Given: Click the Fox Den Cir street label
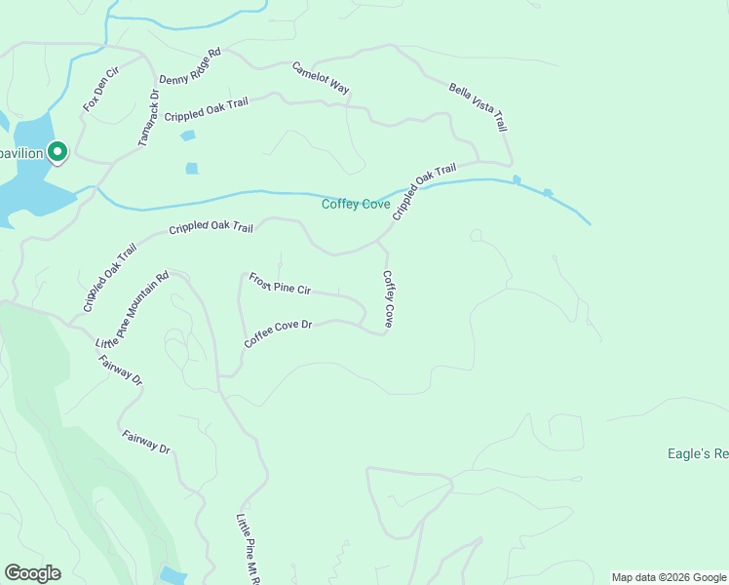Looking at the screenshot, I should click(x=99, y=89).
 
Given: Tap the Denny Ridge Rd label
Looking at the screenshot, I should click(x=190, y=66).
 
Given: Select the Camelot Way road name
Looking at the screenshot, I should click(x=321, y=78).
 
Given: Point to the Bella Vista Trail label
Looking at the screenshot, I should click(x=479, y=107).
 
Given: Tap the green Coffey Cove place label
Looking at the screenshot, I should click(x=356, y=205).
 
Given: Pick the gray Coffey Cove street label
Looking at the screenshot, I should click(x=388, y=298).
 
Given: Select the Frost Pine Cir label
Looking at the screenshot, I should click(x=279, y=284).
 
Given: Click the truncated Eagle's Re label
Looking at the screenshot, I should click(x=698, y=453).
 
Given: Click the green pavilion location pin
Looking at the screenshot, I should click(x=58, y=151).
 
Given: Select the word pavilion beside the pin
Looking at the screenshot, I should click(x=21, y=153).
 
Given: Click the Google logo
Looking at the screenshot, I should click(x=32, y=573).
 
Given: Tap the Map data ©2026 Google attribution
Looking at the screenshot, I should click(x=670, y=577).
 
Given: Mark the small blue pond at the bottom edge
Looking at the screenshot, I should click(x=173, y=576).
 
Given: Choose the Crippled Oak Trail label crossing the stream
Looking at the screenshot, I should click(x=424, y=190).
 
